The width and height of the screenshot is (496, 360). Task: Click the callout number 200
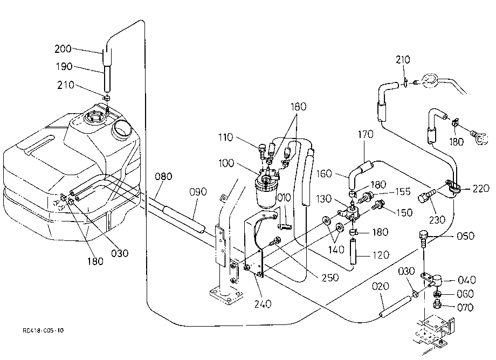63,49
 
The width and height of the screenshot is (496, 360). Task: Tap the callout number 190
64,67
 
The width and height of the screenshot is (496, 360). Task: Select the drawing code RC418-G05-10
43,330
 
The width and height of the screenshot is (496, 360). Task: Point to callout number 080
163,176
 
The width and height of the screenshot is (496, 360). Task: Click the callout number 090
198,192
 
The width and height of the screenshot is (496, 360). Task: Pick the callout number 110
225,137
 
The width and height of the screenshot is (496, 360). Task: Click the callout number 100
226,163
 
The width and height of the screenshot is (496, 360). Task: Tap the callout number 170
366,135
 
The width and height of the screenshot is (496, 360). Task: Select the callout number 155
403,191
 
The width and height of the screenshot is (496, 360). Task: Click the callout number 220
481,189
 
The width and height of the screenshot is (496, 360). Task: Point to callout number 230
437,220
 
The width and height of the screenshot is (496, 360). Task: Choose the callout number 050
466,236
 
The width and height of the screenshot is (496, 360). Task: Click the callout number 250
330,278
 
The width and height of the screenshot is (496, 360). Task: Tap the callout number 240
263,304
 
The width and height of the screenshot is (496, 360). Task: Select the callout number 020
380,286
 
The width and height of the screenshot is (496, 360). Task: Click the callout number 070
465,307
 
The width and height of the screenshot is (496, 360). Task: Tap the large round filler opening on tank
121,129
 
